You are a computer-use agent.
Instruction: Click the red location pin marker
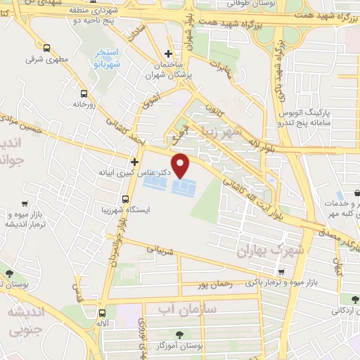coord(181,165)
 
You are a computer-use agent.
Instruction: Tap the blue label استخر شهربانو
coord(110,56)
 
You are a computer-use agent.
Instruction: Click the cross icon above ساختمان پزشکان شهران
coord(168,53)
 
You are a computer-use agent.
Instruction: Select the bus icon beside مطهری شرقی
coord(46,49)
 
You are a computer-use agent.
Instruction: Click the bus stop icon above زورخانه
coord(84,93)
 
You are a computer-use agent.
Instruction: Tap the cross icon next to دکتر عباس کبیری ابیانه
coord(134,161)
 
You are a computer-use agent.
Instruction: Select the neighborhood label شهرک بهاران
coord(263,250)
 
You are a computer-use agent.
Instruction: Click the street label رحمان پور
coord(214,285)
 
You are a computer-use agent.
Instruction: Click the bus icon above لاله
coord(103,314)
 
